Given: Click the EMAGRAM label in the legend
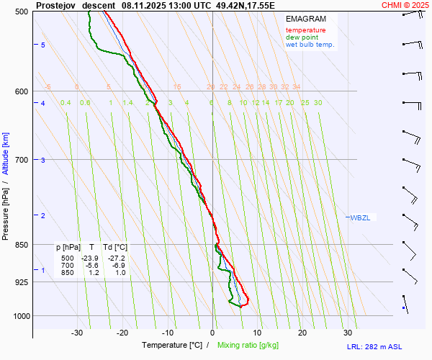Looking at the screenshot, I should click(306, 19).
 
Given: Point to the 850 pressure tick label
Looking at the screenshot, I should click(22, 245).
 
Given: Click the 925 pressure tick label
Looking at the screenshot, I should click(22, 282).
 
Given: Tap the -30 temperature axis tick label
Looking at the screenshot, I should click(77, 333).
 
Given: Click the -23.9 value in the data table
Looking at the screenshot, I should click(90, 258).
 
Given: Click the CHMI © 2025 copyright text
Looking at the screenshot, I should click(405, 5).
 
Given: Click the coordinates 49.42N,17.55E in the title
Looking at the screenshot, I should click(246, 5).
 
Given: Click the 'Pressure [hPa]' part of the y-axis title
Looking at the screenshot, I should click(6, 209).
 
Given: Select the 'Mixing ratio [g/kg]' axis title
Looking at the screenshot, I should click(248, 346).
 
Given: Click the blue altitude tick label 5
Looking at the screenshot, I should click(43, 45).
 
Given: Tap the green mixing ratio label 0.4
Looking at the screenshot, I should click(66, 103).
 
